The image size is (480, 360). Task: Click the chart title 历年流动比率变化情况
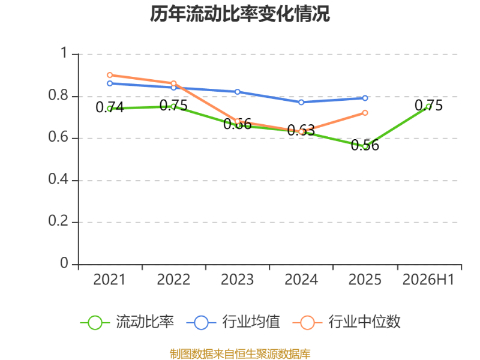click(x=240, y=14)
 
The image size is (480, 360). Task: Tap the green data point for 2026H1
click(x=429, y=107)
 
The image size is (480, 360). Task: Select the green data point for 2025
click(x=365, y=146)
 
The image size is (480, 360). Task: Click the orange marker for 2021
click(x=110, y=75)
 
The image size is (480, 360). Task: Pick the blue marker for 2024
click(x=301, y=102)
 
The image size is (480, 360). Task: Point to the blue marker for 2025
click(x=365, y=98)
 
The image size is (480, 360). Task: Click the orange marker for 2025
click(x=365, y=113)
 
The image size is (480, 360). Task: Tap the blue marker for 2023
click(x=238, y=92)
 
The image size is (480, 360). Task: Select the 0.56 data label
click(x=365, y=145)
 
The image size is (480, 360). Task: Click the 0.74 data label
click(x=110, y=107)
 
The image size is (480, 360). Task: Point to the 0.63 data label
click(x=301, y=130)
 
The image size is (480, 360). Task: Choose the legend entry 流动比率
click(x=127, y=322)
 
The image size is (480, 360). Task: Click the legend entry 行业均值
click(x=233, y=322)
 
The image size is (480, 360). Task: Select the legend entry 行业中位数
click(x=347, y=322)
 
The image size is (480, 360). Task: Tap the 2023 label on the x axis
click(x=237, y=280)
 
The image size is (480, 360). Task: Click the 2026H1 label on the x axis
click(x=428, y=280)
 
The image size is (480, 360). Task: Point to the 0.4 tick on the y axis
click(x=58, y=179)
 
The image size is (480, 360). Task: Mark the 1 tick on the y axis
click(x=64, y=53)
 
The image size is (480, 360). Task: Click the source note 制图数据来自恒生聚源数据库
click(x=240, y=354)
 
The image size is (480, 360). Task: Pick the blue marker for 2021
click(x=110, y=83)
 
